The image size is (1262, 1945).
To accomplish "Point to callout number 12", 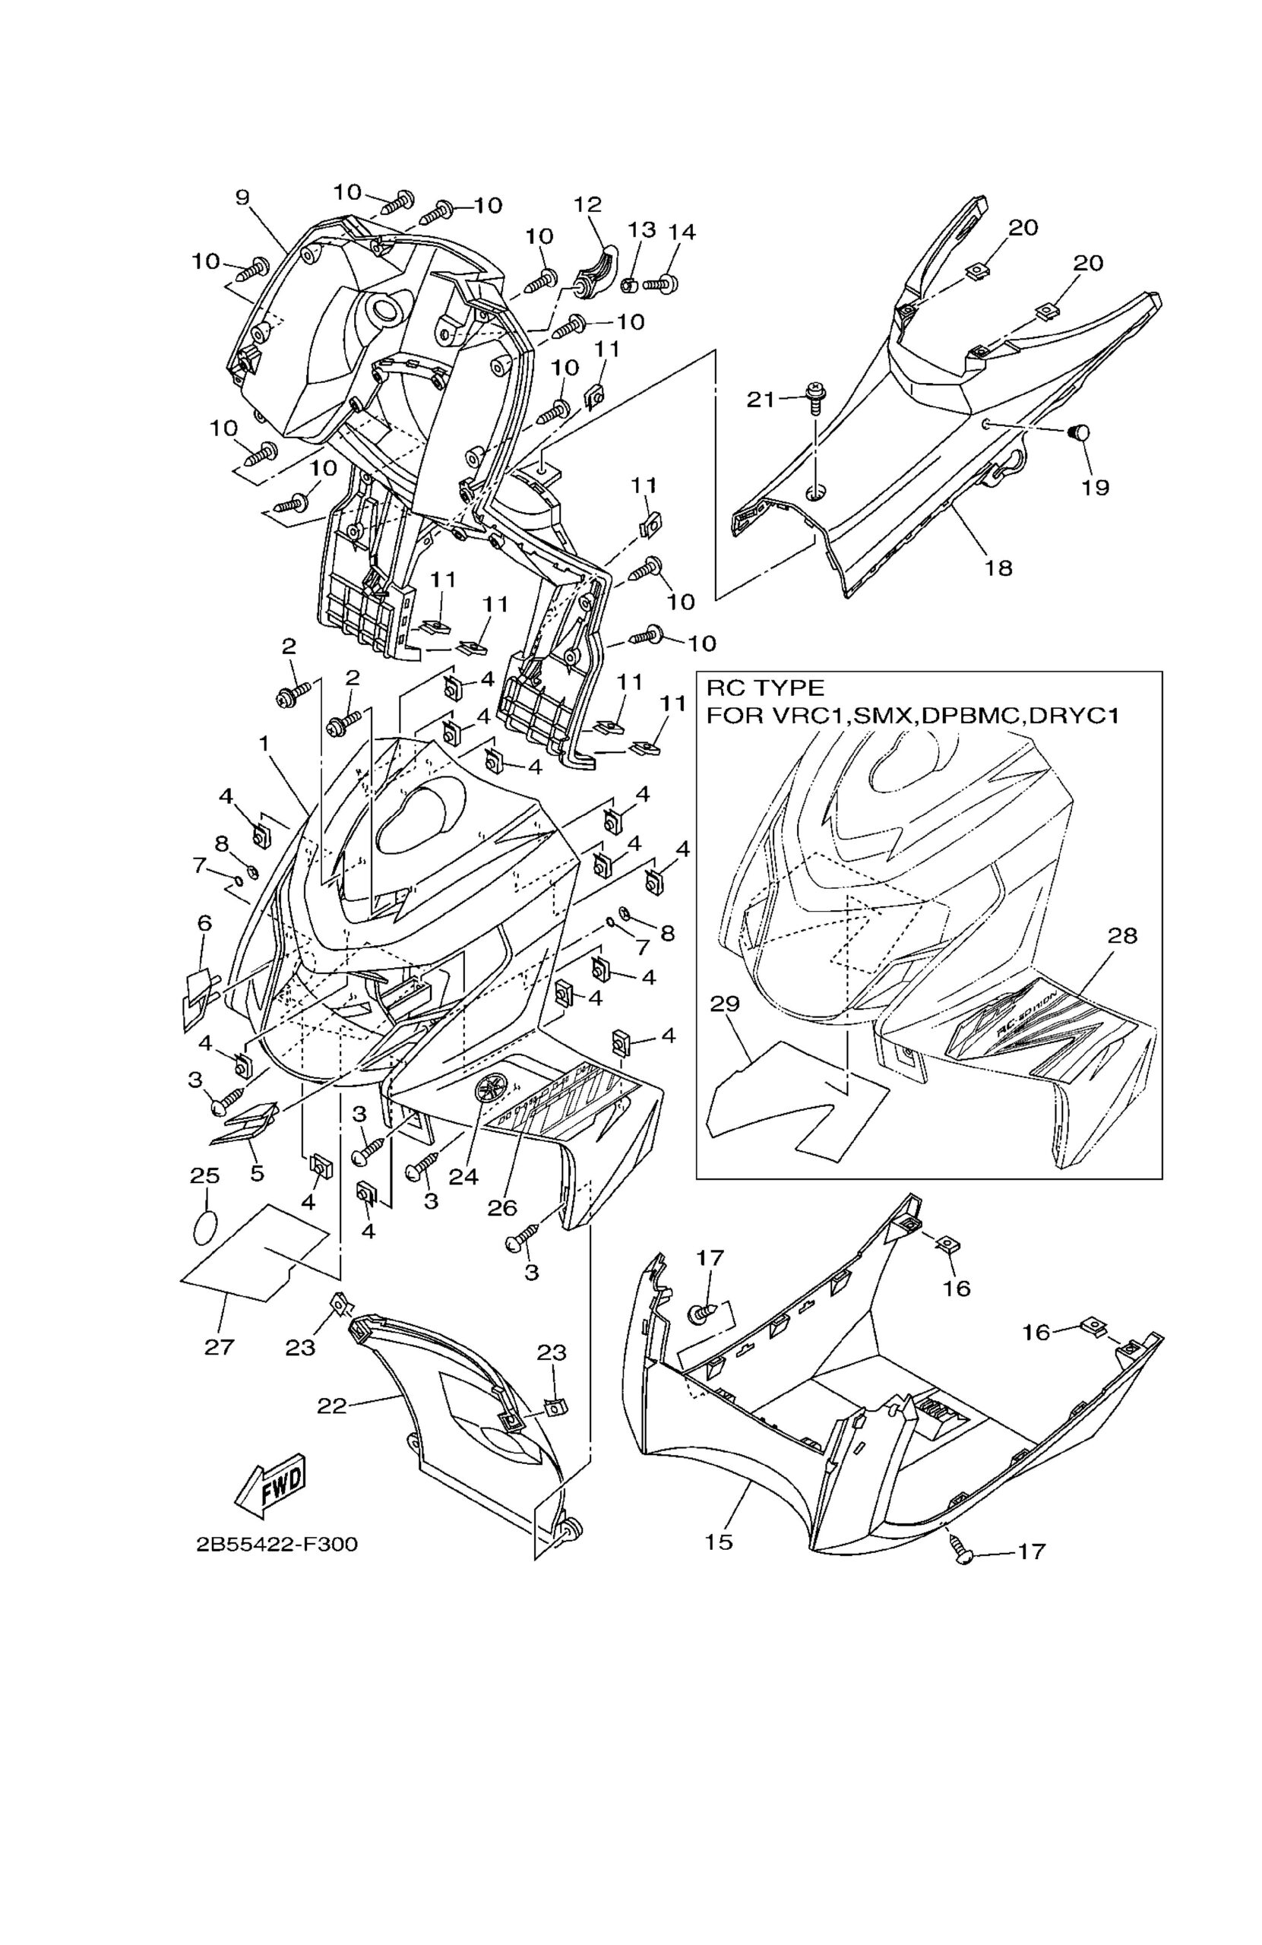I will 587,204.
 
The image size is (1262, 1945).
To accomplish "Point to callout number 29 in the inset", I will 724,1004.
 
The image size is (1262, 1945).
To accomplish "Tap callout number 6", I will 204,923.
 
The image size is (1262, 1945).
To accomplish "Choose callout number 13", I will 641,229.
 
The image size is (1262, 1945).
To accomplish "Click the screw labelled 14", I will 659,284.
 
